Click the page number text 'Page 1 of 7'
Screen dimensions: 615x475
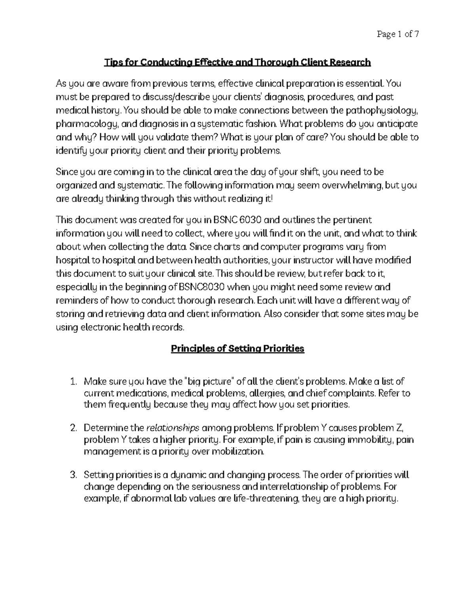point(397,34)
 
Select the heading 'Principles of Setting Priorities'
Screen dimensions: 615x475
point(237,348)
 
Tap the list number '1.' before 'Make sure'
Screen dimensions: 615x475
point(72,382)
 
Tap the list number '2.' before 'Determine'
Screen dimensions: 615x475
point(72,428)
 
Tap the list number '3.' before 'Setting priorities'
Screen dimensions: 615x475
point(72,475)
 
